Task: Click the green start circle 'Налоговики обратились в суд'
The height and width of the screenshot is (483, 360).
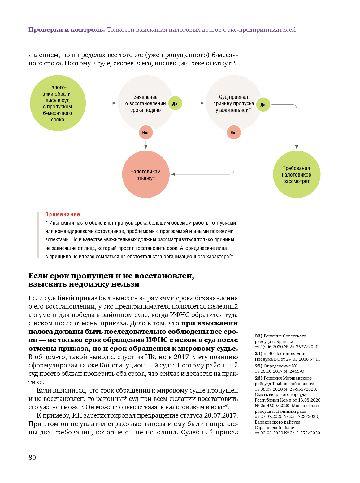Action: (x=58, y=103)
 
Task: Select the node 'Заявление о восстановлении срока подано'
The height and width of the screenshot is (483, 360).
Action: (x=145, y=103)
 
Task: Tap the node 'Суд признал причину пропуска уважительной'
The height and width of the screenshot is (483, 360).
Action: (x=233, y=103)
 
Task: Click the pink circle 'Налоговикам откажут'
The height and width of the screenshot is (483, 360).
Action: (x=145, y=174)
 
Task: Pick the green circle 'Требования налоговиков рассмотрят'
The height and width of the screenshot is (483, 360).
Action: (x=296, y=174)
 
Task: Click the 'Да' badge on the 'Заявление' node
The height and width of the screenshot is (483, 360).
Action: (x=175, y=103)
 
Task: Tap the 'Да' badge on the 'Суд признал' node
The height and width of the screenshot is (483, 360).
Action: (x=263, y=105)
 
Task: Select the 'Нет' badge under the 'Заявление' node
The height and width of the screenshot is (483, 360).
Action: (x=145, y=133)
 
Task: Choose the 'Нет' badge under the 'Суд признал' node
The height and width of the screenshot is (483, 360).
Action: (x=233, y=133)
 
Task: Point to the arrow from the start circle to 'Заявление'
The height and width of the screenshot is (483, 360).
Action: (x=102, y=103)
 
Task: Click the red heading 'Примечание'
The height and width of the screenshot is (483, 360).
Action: (x=63, y=214)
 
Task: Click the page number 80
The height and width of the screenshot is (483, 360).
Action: (x=32, y=458)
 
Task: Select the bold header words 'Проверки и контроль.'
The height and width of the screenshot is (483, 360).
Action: (x=67, y=30)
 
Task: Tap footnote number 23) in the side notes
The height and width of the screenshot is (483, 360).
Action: (x=258, y=336)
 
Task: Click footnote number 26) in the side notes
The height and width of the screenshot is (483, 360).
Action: (x=258, y=378)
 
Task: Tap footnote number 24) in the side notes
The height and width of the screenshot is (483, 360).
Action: (x=258, y=353)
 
